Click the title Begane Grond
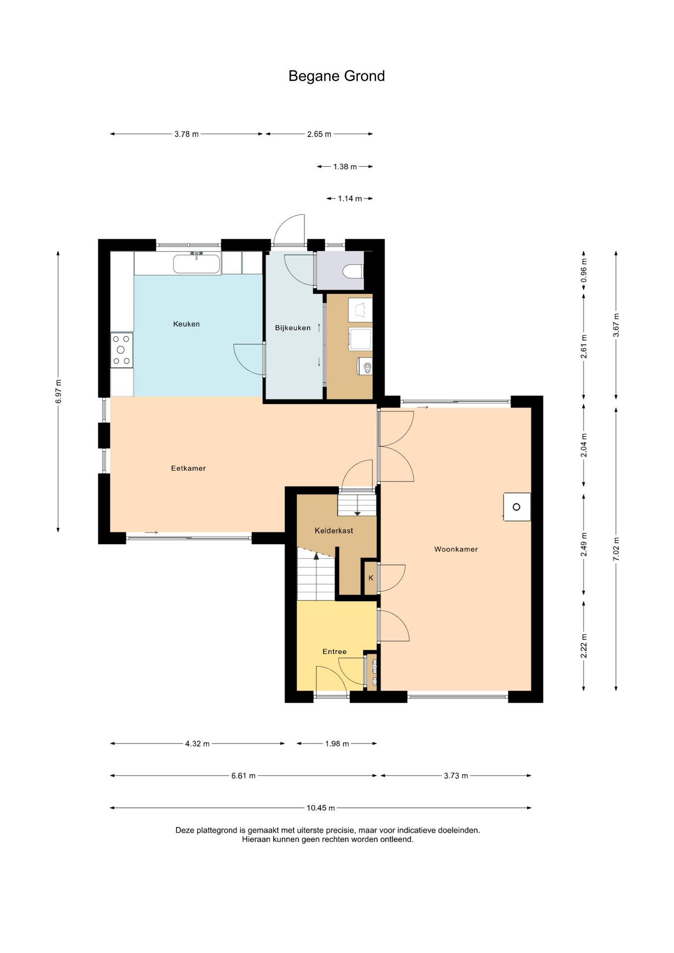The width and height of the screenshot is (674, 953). (337, 76)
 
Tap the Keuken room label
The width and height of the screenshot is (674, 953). (187, 324)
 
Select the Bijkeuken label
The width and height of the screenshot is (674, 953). (293, 328)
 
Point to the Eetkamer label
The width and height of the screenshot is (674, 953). (188, 468)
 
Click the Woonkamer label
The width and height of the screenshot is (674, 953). (456, 549)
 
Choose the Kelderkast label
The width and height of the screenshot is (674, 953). (334, 531)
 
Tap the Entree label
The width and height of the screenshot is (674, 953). (335, 652)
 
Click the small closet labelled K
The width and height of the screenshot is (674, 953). (371, 578)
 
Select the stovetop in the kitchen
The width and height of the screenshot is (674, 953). (122, 350)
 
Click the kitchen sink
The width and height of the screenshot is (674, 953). (197, 264)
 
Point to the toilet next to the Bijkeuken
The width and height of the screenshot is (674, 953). (353, 272)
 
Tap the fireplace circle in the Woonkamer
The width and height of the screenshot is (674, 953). (516, 507)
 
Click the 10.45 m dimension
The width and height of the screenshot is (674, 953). (321, 808)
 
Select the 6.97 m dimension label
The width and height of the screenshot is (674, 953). (59, 392)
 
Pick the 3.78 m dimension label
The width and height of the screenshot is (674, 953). (187, 134)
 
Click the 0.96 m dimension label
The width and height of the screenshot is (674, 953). (584, 271)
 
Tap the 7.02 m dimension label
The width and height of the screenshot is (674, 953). (616, 549)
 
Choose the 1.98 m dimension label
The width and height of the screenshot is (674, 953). (337, 744)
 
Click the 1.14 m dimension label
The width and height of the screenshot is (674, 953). (350, 199)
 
